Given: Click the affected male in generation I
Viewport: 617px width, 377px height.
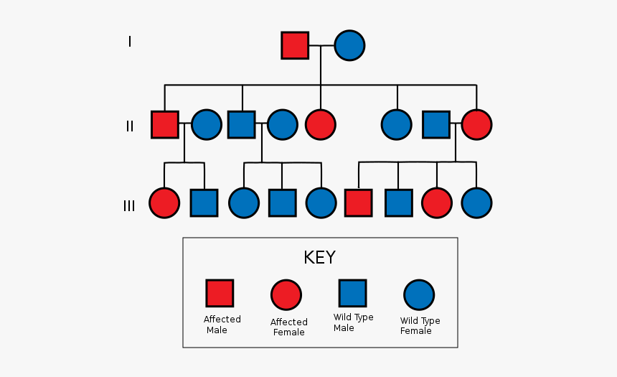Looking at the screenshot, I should (294, 45).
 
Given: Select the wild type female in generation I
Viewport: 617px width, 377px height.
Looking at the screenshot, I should (349, 45).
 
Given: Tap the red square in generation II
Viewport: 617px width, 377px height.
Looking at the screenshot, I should (164, 124).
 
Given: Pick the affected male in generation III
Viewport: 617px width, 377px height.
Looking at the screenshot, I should (358, 203).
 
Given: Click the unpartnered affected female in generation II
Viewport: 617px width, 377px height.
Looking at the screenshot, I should (320, 124).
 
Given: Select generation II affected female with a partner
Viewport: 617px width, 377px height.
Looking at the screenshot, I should (476, 124).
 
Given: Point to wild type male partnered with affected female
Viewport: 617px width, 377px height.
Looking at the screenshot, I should (435, 124).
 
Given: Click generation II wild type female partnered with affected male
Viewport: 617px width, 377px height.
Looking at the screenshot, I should (206, 124).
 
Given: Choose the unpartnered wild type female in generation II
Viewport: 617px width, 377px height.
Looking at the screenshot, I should (396, 124).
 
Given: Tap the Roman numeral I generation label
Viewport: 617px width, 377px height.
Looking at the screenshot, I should (130, 42).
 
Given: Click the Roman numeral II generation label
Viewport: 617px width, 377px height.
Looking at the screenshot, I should (130, 126).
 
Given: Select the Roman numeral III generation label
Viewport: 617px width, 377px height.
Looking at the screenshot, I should (129, 206).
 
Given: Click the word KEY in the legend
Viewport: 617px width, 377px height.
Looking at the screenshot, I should (319, 258).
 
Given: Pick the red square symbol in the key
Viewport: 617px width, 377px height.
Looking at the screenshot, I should (220, 293).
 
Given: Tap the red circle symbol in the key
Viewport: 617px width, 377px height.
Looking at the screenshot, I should (286, 294).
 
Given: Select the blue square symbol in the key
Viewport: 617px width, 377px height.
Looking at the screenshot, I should (352, 293).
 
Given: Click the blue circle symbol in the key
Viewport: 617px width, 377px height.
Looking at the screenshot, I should (419, 294).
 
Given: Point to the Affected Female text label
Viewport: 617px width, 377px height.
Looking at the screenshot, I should (289, 327).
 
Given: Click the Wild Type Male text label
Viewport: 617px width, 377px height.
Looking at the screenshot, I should (353, 322).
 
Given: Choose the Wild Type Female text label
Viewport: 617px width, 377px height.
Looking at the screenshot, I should (420, 325).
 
